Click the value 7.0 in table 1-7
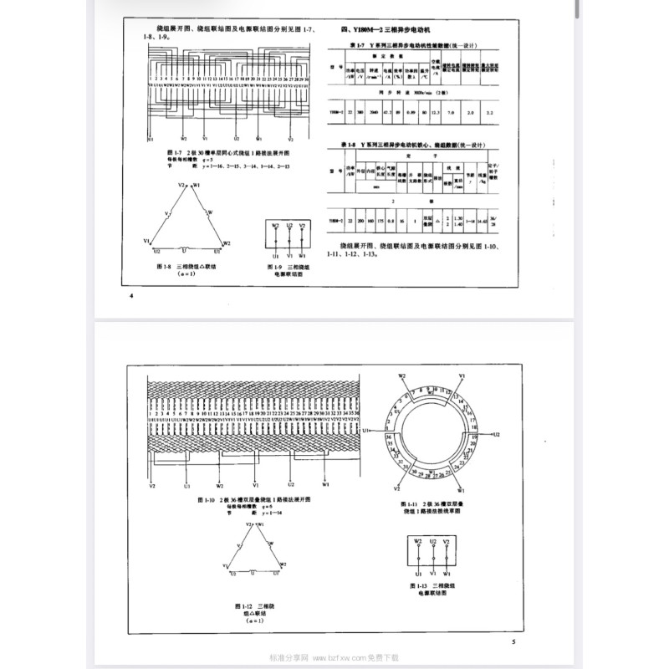[452, 111]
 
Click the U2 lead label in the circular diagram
[495, 435]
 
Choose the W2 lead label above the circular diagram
[402, 377]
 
